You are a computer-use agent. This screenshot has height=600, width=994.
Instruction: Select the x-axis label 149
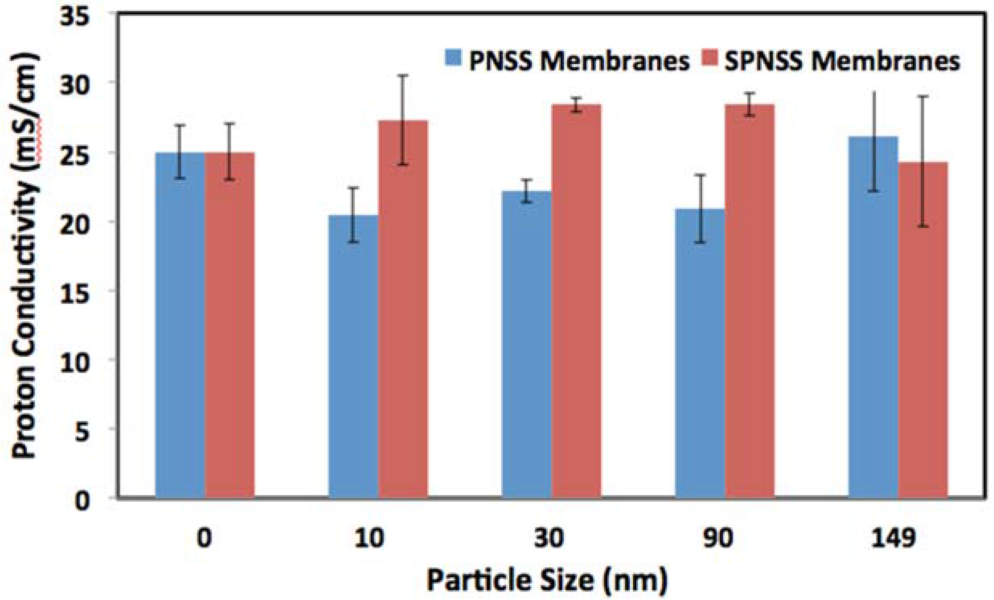click(x=893, y=538)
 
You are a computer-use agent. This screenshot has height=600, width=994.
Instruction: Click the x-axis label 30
click(x=549, y=538)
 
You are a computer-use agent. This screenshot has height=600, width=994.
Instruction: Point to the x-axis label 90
click(x=719, y=538)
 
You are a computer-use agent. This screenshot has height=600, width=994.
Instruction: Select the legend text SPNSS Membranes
click(x=842, y=63)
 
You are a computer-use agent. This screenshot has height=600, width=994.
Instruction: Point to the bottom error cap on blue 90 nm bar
click(x=700, y=242)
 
